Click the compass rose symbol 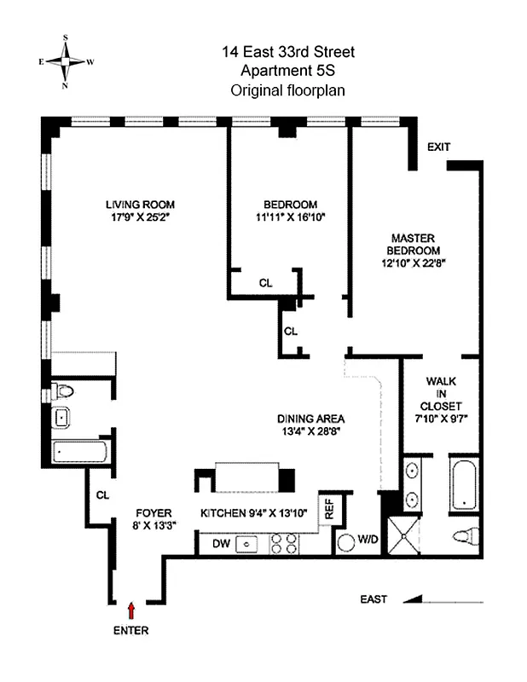66,61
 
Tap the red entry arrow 130,610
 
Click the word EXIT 438,147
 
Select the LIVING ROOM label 140,205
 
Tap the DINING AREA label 310,419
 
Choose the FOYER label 154,512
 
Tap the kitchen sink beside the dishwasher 248,541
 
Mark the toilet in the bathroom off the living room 63,391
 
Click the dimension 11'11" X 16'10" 290,217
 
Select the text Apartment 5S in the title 287,71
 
